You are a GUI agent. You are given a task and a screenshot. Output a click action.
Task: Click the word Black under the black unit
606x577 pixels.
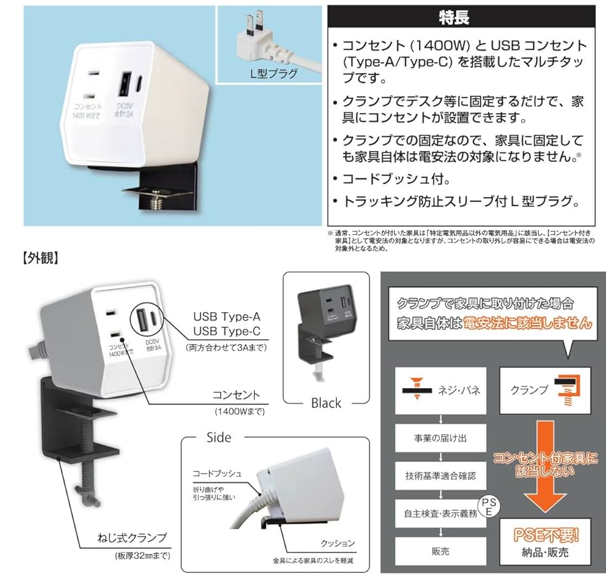click(x=326, y=403)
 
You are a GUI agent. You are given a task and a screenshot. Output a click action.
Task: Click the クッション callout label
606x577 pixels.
click(x=338, y=544)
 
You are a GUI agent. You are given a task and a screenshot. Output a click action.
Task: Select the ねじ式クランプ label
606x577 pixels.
click(x=132, y=539)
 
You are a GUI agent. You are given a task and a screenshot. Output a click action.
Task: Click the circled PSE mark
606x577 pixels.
click(x=487, y=507)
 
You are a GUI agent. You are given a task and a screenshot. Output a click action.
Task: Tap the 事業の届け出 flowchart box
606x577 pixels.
click(x=441, y=438)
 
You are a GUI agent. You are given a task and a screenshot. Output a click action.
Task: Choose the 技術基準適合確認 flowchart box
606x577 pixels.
click(x=441, y=477)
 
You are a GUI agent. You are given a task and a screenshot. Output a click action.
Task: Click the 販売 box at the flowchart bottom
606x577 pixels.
click(x=441, y=551)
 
